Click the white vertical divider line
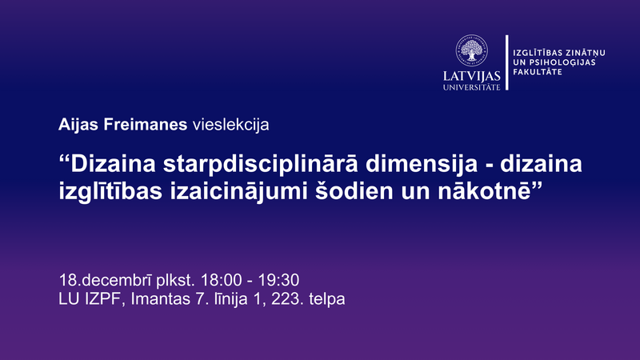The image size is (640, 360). [x=506, y=62]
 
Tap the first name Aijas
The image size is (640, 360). [x=77, y=125]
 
